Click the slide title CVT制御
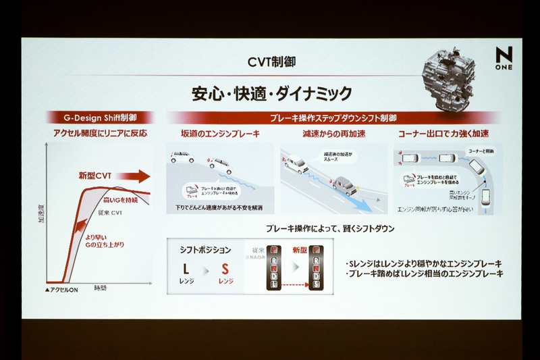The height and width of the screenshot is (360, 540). click(x=269, y=62)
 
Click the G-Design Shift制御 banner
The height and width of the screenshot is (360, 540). click(x=99, y=118)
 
